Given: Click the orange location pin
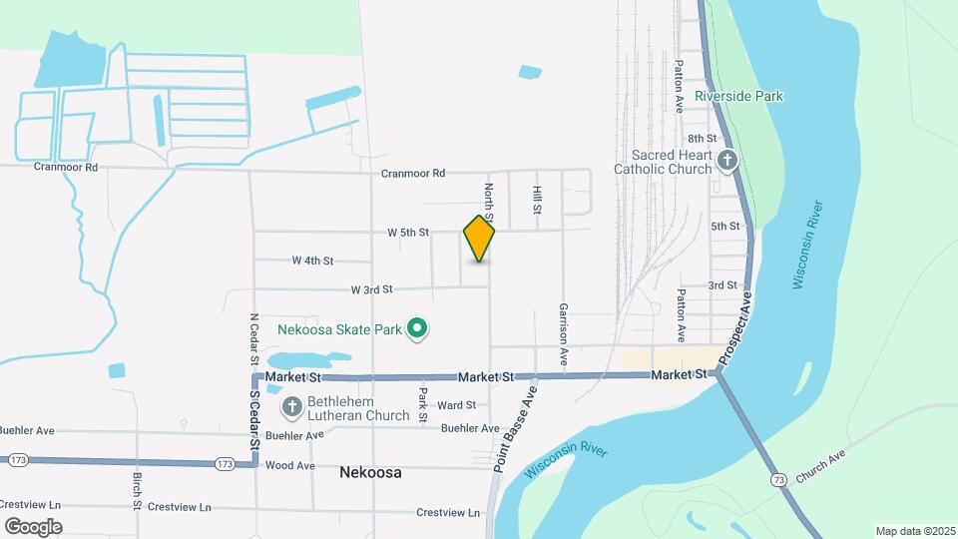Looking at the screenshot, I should (x=480, y=239).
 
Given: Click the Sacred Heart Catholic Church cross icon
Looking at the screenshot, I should (x=727, y=160).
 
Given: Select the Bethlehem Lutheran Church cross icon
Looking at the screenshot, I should (x=292, y=406).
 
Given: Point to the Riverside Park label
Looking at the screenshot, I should (x=738, y=97).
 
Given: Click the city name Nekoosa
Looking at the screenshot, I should (x=370, y=472).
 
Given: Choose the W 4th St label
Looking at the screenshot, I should (x=312, y=261).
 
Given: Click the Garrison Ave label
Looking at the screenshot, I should (x=564, y=332).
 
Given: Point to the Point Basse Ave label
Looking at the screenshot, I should (x=514, y=428).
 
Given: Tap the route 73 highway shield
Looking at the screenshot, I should (x=777, y=480).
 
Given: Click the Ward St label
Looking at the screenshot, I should (x=456, y=405).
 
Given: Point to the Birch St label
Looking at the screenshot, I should (x=138, y=489).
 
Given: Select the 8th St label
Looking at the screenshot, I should (x=702, y=139).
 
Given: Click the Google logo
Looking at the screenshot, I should (x=33, y=526).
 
